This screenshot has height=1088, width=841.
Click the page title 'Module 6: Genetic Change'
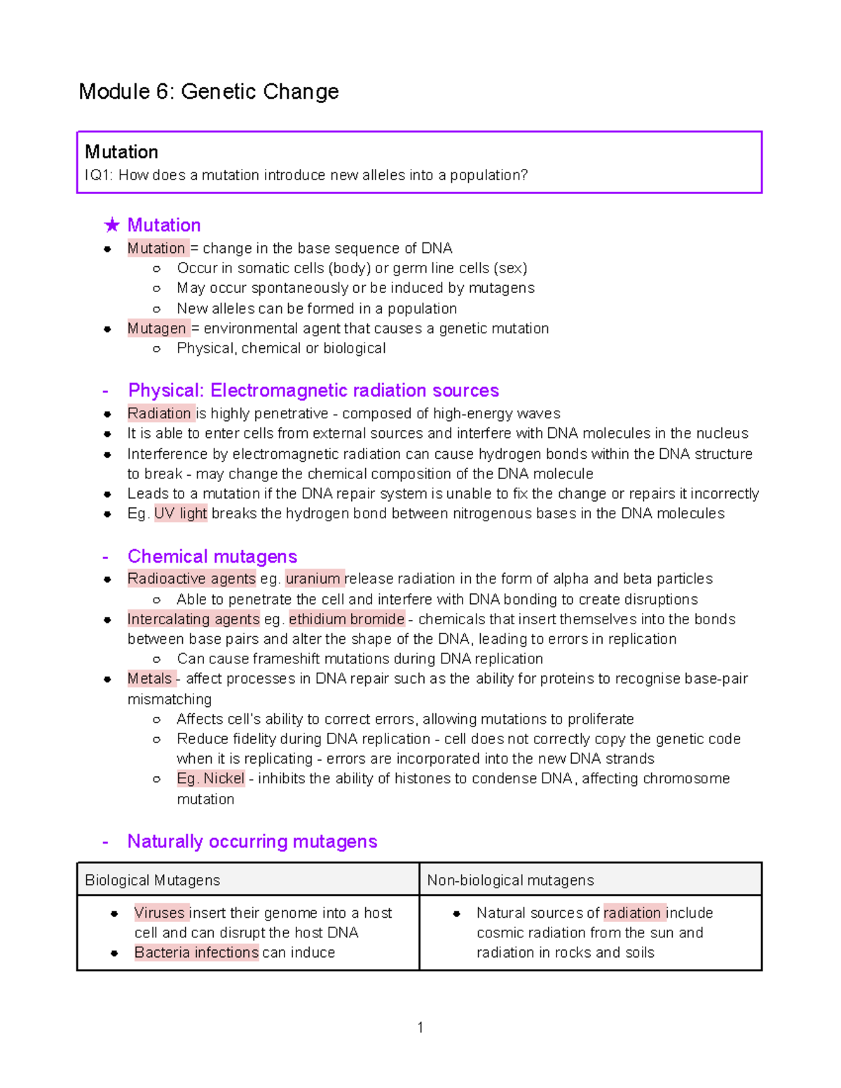(209, 92)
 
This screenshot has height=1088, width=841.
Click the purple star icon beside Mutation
(111, 225)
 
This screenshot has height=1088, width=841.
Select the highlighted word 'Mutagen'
(157, 329)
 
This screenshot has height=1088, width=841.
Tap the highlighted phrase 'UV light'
(180, 514)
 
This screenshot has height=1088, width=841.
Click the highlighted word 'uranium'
(313, 579)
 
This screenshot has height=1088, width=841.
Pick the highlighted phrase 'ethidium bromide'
(346, 619)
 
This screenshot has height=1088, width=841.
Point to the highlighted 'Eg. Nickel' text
(210, 778)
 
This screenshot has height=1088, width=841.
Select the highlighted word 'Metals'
(150, 679)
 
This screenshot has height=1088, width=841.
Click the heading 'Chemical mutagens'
(212, 556)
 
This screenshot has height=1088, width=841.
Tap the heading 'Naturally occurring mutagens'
(252, 841)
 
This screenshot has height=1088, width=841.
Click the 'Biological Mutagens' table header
(152, 881)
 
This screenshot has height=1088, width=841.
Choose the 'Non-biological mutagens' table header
(510, 881)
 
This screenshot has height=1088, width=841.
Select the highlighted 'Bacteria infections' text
(196, 953)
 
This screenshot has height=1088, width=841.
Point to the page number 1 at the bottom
(420, 1028)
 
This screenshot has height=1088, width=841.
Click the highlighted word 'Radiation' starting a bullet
(159, 413)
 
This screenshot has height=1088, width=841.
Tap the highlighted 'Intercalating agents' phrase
(193, 619)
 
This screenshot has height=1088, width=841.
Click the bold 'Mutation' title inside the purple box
(121, 152)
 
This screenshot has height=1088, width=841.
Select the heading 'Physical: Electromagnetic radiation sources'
(313, 390)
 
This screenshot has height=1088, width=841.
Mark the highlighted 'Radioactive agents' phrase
(191, 579)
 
